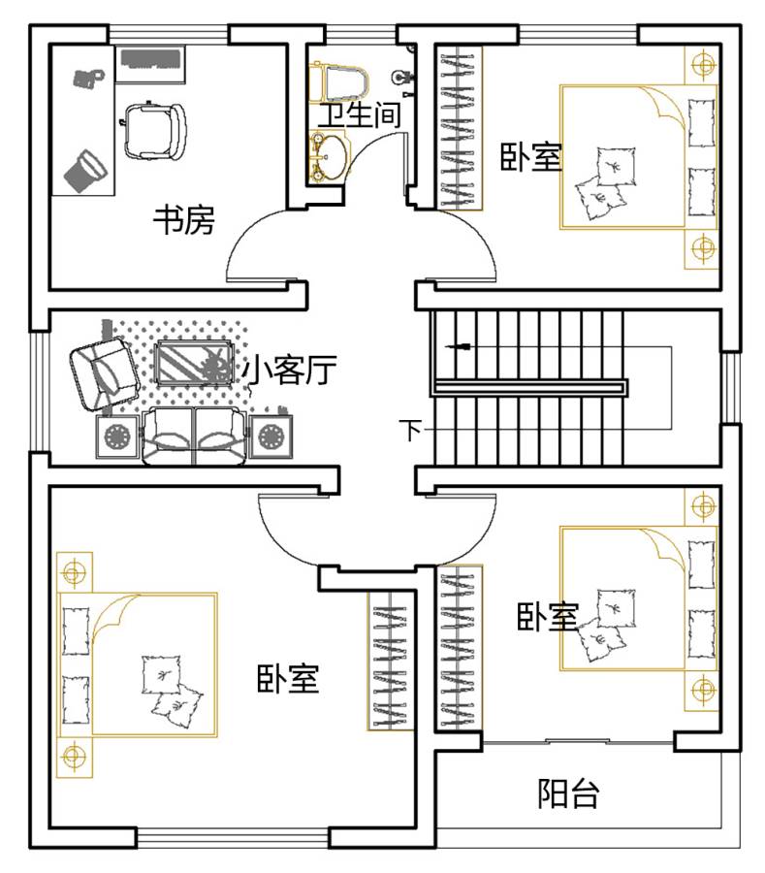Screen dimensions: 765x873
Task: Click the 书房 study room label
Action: coord(184,219)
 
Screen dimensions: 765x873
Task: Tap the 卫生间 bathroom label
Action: coord(359,114)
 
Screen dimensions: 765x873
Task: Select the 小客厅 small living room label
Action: coord(290,370)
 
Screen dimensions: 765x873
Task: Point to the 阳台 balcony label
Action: coord(568,793)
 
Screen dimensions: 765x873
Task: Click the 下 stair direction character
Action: coord(411,430)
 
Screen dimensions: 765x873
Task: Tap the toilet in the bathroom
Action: coord(340,82)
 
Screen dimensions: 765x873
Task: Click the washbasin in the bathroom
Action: coord(329,157)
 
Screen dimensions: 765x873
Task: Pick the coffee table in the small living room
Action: coord(194,363)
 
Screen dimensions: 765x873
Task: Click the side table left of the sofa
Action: coord(118,437)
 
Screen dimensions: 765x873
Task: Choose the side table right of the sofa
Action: coord(271,436)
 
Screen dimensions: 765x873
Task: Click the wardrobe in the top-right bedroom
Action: coord(458,129)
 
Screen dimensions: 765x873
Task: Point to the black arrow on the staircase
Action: coord(459,347)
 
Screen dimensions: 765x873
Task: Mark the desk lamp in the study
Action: coord(85,171)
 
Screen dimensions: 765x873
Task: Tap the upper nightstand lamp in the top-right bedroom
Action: coord(704,65)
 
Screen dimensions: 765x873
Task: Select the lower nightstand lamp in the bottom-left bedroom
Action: coord(73,756)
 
